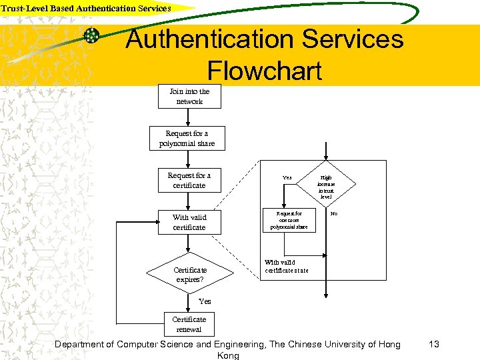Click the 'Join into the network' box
click(x=189, y=97)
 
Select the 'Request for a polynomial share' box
click(x=187, y=139)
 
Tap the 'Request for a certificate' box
click(x=189, y=181)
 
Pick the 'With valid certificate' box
click(x=189, y=223)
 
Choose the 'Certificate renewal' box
click(x=190, y=324)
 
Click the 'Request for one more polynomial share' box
click(x=289, y=221)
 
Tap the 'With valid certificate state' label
click(x=287, y=266)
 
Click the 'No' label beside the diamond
click(x=334, y=214)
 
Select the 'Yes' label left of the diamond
click(x=287, y=177)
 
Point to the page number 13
click(x=434, y=344)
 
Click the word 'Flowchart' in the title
click(x=265, y=71)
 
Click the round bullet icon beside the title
click(x=92, y=36)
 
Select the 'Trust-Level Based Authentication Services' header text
click(x=86, y=8)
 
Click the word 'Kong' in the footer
click(x=229, y=355)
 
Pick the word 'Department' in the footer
click(x=84, y=344)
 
